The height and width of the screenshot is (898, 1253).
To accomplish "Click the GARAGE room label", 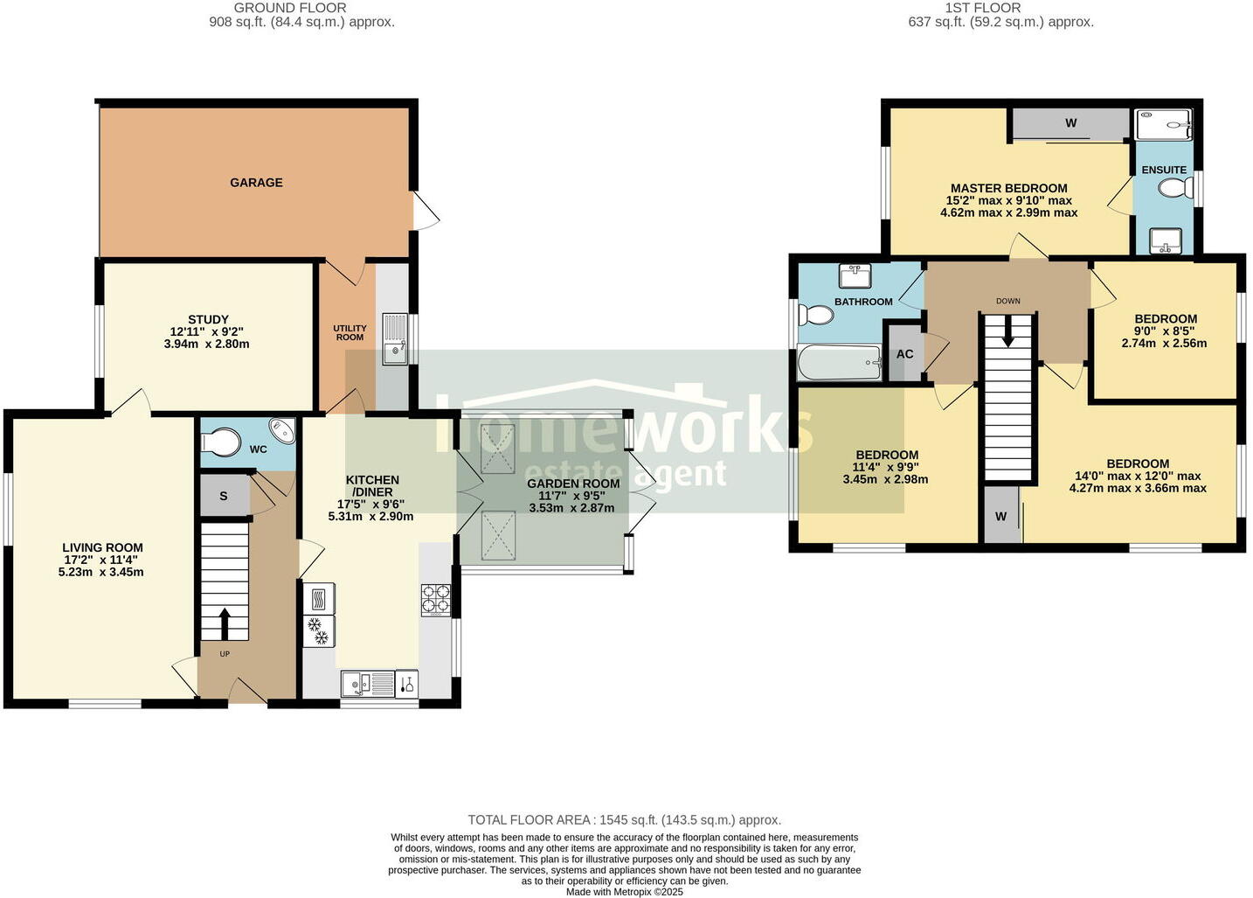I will (256, 183).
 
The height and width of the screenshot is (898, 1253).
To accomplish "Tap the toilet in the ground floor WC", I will (220, 442).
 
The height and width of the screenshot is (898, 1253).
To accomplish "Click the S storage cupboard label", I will (224, 496).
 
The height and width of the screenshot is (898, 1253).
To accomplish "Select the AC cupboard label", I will (904, 354).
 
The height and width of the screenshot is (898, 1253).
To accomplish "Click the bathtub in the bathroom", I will (839, 362).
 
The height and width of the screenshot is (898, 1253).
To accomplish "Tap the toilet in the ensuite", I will (1176, 188).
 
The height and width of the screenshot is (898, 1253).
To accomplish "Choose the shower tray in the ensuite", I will (1163, 125).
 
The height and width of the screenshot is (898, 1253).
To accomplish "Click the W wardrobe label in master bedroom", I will (1070, 123).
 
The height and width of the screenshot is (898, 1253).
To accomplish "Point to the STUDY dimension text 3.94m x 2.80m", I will (207, 344).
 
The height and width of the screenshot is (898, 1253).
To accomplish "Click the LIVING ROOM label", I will (102, 547).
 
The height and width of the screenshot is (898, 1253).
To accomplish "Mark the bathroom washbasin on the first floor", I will (854, 276).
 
